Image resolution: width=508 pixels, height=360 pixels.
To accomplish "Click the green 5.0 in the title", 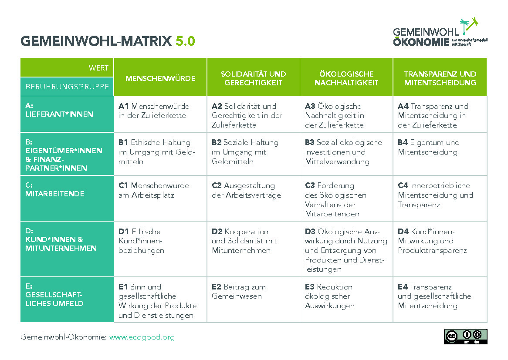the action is (185, 41).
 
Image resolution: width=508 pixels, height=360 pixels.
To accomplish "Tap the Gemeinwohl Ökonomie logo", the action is (440, 32).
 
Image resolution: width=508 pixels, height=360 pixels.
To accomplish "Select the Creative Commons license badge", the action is (466, 336).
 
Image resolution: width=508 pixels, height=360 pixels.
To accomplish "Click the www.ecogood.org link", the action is (142, 337).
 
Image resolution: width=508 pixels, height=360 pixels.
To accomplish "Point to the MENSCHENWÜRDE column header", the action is (160, 78).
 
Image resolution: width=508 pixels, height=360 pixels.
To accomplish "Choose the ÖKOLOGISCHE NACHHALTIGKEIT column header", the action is (346, 78).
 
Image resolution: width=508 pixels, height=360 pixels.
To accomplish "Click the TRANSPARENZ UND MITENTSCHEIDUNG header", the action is (440, 78).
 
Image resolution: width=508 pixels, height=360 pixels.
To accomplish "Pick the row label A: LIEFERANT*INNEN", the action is (59, 110).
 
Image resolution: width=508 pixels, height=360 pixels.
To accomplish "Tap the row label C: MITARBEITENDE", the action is (55, 189).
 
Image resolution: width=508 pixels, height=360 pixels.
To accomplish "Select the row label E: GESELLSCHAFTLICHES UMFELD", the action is (54, 295).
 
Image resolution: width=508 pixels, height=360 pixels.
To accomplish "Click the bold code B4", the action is (403, 142).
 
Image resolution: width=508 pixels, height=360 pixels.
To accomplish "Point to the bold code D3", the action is (310, 232).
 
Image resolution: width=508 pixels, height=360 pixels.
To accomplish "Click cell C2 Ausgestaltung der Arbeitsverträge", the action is (246, 190).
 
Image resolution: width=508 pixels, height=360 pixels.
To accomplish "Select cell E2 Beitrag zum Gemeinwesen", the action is (239, 291).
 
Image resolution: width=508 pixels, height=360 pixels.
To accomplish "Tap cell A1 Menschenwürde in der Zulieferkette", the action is (154, 111).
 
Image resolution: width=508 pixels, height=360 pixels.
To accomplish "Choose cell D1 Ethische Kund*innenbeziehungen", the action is (141, 241).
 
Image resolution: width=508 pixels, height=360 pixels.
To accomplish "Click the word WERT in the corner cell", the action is (98, 68).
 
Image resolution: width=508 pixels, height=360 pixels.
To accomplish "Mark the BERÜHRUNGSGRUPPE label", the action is (67, 87).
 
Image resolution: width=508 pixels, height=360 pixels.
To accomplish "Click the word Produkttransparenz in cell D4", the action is (432, 250).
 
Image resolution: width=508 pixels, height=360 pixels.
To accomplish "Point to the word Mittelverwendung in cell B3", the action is (337, 161).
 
